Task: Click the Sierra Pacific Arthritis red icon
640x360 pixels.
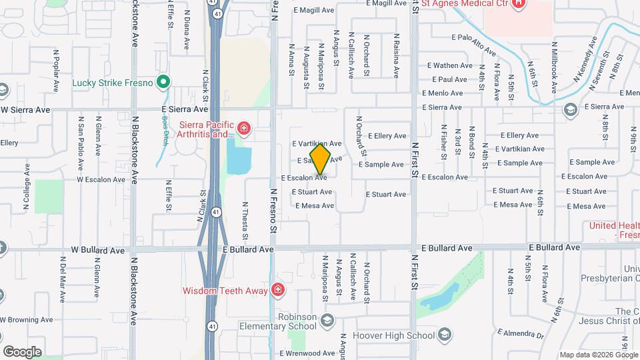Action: (x=245, y=127)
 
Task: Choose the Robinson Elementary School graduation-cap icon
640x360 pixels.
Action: (x=327, y=321)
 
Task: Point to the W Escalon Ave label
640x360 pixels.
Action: (x=101, y=179)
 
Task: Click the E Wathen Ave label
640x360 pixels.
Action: (x=449, y=65)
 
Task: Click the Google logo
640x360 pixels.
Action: (x=22, y=351)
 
